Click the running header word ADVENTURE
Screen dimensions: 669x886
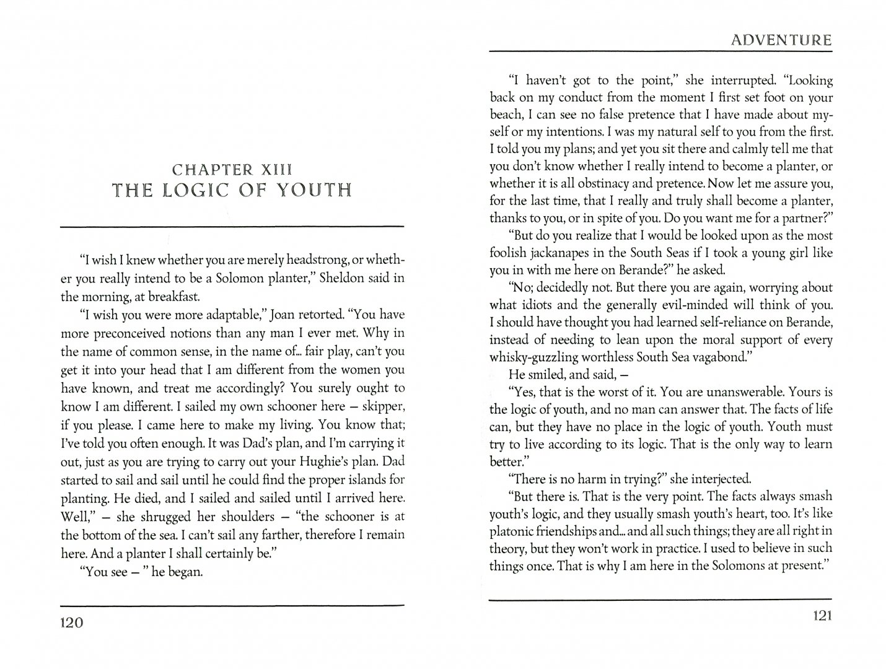[x=780, y=41]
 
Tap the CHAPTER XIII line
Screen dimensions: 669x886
[x=232, y=169]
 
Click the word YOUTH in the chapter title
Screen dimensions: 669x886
[x=314, y=190]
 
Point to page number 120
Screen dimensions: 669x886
[x=71, y=623]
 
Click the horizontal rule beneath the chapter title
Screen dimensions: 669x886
[x=232, y=227]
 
